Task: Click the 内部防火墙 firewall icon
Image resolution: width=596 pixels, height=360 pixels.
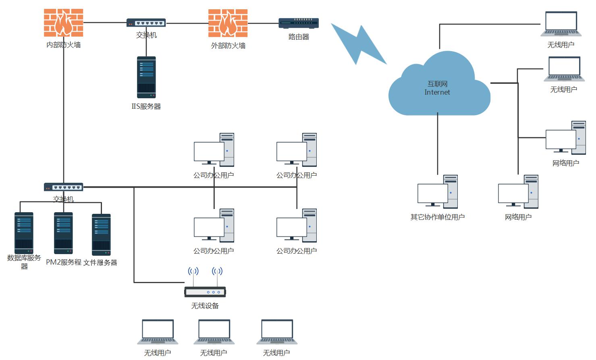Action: pyautogui.click(x=63, y=23)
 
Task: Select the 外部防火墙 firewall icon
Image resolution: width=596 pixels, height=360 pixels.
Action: pyautogui.click(x=228, y=23)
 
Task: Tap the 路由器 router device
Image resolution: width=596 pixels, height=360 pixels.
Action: pyautogui.click(x=299, y=23)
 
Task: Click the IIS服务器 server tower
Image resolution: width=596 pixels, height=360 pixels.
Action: pyautogui.click(x=146, y=77)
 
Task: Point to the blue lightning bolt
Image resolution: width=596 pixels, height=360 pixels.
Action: pyautogui.click(x=358, y=43)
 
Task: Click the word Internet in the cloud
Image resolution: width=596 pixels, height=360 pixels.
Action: pyautogui.click(x=437, y=92)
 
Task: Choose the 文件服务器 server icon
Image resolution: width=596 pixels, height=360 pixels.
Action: pyautogui.click(x=101, y=234)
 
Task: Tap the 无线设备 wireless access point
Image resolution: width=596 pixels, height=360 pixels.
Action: pyautogui.click(x=205, y=291)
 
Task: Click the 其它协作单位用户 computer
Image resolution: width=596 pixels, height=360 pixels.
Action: pyautogui.click(x=438, y=192)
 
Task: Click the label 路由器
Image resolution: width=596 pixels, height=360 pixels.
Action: pyautogui.click(x=299, y=37)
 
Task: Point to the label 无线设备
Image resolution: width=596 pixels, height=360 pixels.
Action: pyautogui.click(x=205, y=306)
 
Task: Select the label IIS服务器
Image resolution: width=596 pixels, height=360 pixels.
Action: pyautogui.click(x=146, y=107)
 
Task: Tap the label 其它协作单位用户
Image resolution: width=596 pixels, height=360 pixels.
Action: pyautogui.click(x=438, y=217)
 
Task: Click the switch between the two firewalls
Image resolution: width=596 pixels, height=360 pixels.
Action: pyautogui.click(x=146, y=23)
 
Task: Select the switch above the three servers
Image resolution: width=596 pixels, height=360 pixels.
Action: pyautogui.click(x=64, y=187)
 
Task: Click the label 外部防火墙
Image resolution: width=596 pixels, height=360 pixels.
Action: pyautogui.click(x=228, y=46)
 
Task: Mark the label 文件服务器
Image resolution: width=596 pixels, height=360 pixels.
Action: pyautogui.click(x=100, y=263)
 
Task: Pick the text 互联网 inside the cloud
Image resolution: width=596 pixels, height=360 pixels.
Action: pyautogui.click(x=437, y=84)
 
